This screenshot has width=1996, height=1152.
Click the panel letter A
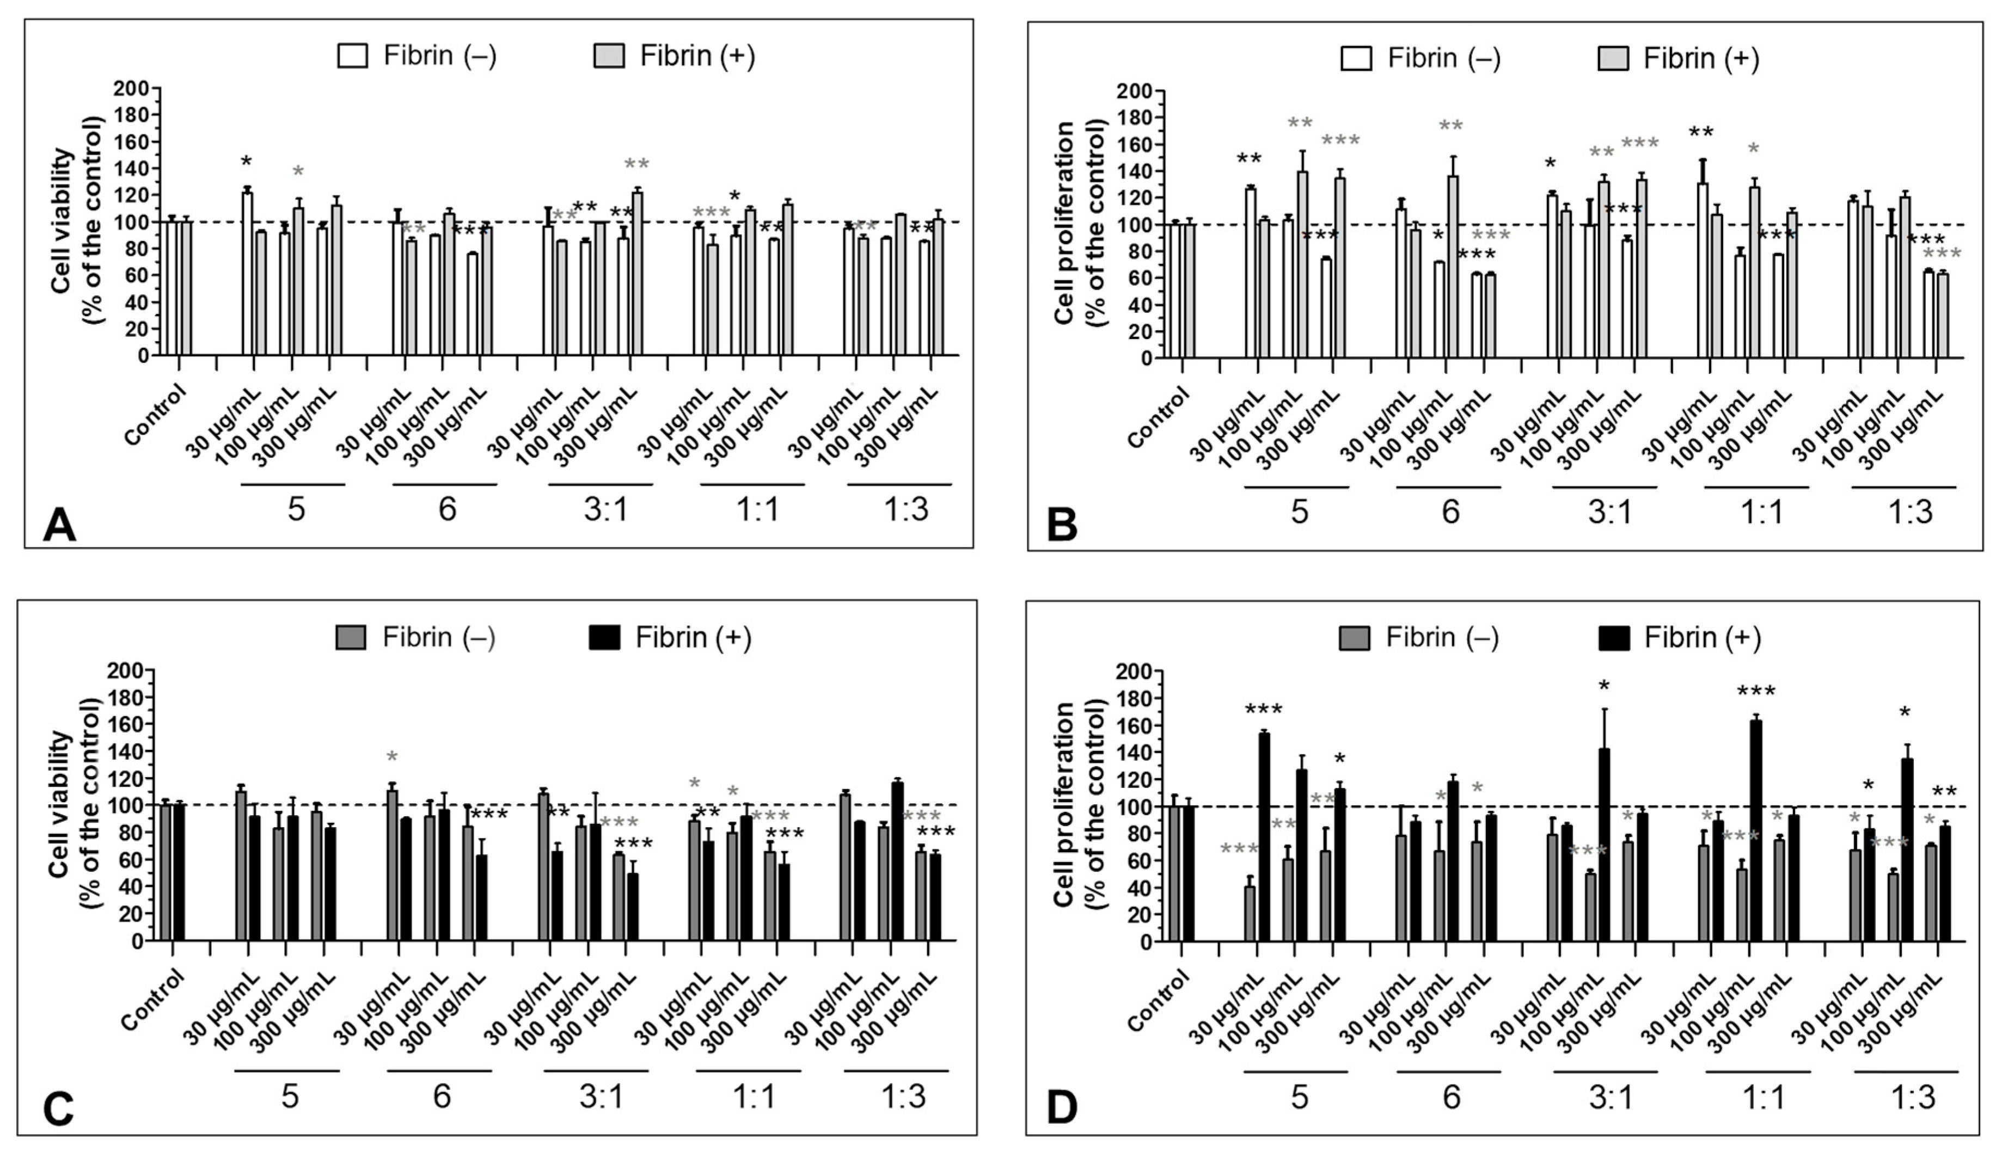coord(59,525)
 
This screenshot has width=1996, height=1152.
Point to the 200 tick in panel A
coord(131,88)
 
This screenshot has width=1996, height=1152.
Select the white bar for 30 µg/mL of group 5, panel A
coord(247,274)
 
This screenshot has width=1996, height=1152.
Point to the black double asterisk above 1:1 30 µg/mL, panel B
coord(1701,132)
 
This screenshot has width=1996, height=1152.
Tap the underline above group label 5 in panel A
coord(293,484)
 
